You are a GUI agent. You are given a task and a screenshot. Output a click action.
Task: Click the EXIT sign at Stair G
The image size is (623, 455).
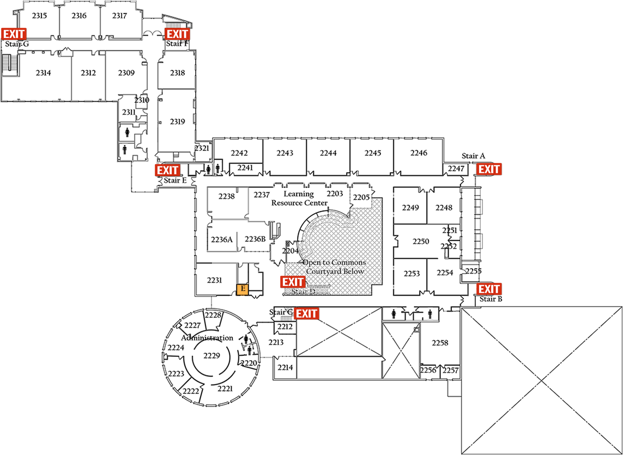(x=14, y=34)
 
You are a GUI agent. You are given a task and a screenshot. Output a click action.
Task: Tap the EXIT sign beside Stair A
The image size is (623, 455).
(x=489, y=169)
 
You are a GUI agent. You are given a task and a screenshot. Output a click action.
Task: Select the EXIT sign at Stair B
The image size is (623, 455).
(x=489, y=289)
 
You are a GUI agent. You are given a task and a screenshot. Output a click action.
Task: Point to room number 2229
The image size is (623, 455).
(x=211, y=356)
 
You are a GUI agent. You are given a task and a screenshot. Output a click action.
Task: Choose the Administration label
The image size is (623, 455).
(x=207, y=338)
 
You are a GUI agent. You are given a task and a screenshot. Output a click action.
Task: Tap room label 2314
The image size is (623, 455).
(x=44, y=72)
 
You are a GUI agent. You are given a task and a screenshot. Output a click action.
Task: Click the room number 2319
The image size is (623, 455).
(x=178, y=122)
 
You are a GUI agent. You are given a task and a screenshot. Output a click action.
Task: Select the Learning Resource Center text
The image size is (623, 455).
(x=299, y=198)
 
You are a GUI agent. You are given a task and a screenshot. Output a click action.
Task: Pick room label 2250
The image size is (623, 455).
(x=421, y=241)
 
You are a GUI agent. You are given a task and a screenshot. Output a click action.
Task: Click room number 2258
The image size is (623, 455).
(x=440, y=342)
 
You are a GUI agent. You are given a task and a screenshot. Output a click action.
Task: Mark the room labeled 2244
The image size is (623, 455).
(x=328, y=153)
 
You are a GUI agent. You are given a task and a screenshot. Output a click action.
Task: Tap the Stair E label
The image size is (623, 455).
(x=176, y=180)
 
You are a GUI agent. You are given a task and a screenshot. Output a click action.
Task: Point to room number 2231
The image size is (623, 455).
(x=215, y=280)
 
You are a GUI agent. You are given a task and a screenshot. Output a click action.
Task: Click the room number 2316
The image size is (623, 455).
(x=79, y=16)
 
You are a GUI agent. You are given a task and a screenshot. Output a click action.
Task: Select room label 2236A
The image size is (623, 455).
(x=222, y=239)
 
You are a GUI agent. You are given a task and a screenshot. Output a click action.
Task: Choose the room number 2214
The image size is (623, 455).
(x=285, y=368)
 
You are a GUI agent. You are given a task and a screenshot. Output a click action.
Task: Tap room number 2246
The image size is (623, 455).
(x=419, y=153)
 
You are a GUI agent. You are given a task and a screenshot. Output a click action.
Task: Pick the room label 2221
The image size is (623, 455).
(x=225, y=389)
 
